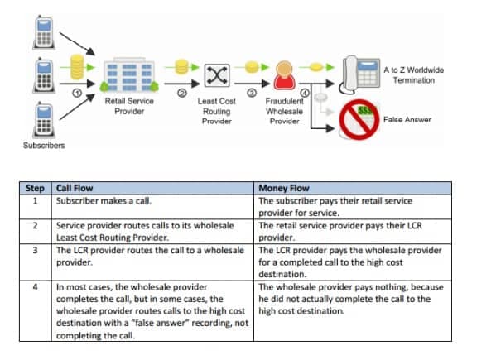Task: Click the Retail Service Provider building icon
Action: [129, 75]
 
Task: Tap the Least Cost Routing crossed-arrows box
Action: [217, 75]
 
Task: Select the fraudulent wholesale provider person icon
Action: [284, 75]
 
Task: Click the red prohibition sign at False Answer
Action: [359, 119]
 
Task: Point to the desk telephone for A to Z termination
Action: [359, 75]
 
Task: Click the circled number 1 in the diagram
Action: [77, 93]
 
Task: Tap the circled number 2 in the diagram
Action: [182, 93]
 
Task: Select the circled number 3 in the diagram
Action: [252, 93]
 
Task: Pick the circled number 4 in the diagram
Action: [305, 93]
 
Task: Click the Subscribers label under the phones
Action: [44, 146]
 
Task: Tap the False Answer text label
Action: [407, 119]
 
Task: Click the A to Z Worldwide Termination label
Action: [414, 75]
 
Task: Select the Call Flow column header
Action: [75, 188]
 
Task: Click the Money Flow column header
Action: [284, 188]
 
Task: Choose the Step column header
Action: [35, 188]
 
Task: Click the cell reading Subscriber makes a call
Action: [104, 201]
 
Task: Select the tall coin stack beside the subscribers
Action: [77, 67]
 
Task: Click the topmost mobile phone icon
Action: [44, 32]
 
